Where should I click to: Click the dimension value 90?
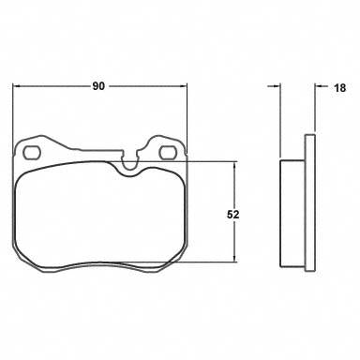click(98, 86)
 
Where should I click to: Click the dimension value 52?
click(233, 215)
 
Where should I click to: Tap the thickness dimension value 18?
click(340, 88)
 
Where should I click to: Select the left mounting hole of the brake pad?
click(32, 153)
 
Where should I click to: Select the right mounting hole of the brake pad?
click(168, 153)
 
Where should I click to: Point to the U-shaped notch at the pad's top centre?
click(130, 162)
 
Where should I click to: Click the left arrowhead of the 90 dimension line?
click(16, 86)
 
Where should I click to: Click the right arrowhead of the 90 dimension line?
click(183, 86)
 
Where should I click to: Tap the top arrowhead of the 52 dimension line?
click(234, 165)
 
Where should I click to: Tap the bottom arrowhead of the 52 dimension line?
click(234, 258)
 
